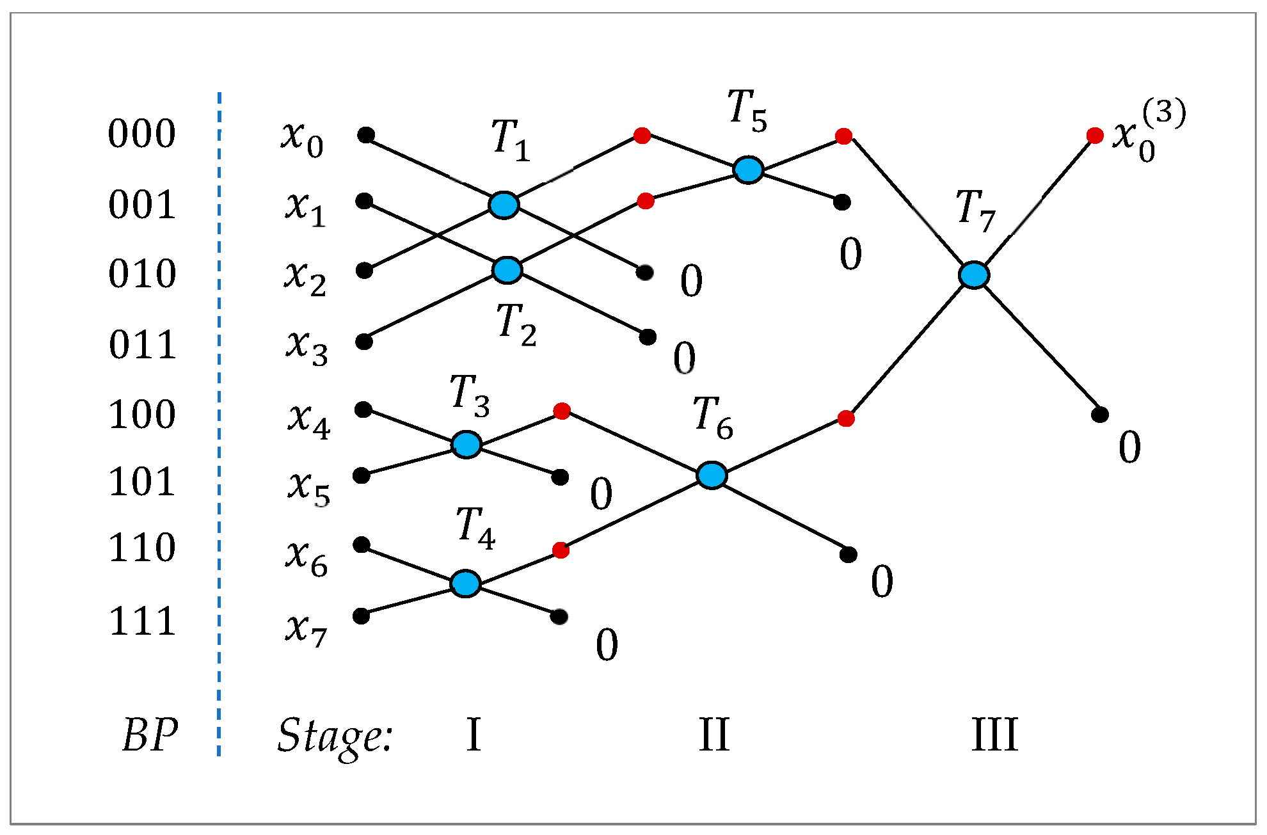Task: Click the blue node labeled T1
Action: [504, 205]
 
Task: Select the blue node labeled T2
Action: [507, 269]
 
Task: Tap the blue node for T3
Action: [466, 444]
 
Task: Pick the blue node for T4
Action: [465, 584]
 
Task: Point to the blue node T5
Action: [748, 170]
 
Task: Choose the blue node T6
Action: [712, 475]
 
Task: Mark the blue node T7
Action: [974, 275]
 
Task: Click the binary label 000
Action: [141, 134]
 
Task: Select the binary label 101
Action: [141, 482]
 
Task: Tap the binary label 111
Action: [142, 621]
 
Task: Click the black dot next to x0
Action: [366, 135]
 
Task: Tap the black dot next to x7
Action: [361, 616]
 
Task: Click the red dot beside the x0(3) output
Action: [1095, 136]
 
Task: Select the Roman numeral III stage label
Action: [994, 735]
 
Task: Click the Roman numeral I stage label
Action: [474, 735]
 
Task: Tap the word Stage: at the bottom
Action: [334, 736]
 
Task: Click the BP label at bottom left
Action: [150, 735]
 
